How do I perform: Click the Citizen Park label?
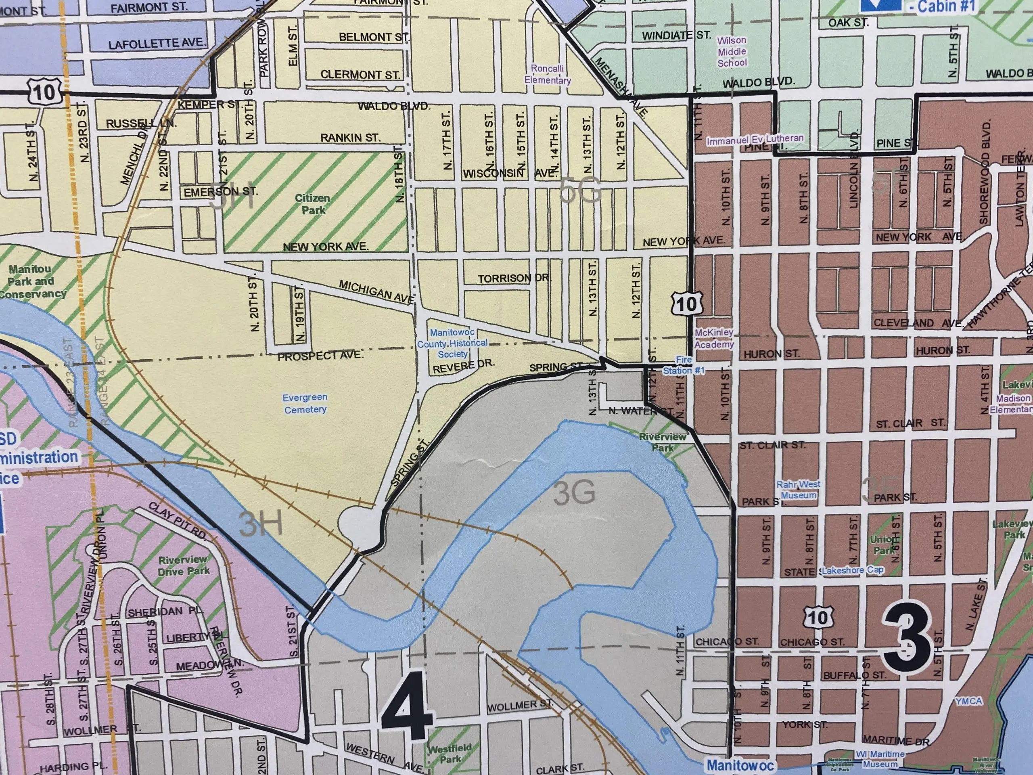coord(312,204)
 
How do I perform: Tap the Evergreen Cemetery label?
coord(305,403)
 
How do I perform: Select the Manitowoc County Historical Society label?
coord(452,344)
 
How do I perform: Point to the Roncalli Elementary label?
coord(547,74)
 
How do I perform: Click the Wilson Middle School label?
coord(732,51)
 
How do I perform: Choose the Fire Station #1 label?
coord(684,365)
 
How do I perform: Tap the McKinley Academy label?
coord(714,338)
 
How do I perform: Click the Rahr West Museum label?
coord(799,490)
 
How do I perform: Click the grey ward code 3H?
coord(261,524)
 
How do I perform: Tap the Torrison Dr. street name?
coord(514,279)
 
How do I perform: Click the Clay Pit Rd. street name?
coord(178,521)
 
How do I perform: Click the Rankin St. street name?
coord(350,138)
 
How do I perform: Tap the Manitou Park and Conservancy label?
coord(32,281)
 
